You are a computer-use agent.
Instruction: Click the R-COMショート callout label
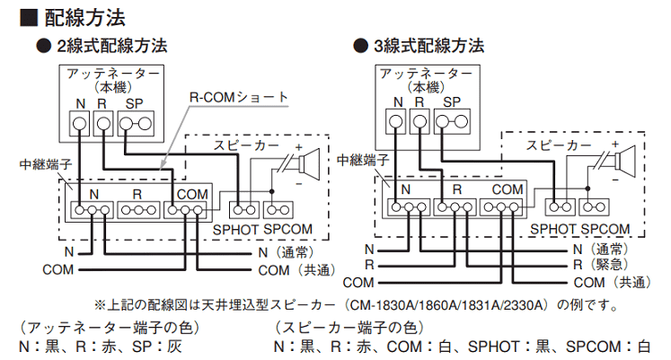click(x=239, y=96)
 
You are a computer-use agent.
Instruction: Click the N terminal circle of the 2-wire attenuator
click(x=81, y=122)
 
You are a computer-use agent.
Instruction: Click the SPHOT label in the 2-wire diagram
click(x=235, y=229)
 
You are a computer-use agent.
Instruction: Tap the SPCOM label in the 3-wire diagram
click(x=605, y=229)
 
